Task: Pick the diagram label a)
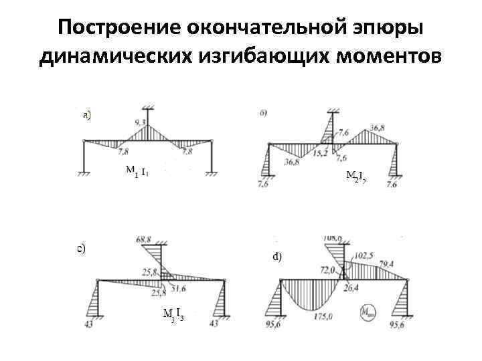click(x=87, y=114)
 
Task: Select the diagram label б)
click(x=264, y=113)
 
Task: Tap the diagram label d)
click(x=276, y=255)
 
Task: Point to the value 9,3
click(x=140, y=122)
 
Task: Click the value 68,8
click(x=143, y=239)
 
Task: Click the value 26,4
click(x=353, y=288)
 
